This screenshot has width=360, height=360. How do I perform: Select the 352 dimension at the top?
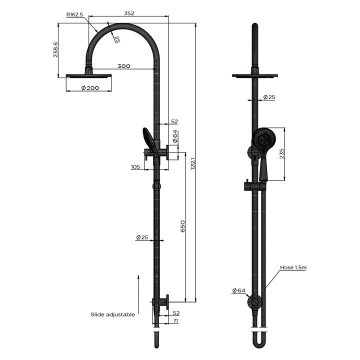click(128, 14)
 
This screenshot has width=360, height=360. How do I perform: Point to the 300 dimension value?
click(124, 66)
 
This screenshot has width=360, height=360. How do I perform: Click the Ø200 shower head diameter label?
click(89, 88)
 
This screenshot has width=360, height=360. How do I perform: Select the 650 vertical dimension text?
click(183, 225)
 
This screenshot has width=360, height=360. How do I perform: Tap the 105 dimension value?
click(135, 167)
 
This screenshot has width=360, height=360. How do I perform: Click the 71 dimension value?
click(175, 321)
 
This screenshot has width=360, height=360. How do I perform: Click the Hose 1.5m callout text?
click(293, 267)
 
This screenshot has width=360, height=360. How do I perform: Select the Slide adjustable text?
click(112, 314)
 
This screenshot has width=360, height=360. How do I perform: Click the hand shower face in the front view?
click(261, 138)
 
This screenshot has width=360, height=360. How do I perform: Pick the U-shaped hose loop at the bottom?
click(258, 341)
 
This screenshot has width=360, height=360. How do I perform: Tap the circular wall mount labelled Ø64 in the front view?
click(254, 302)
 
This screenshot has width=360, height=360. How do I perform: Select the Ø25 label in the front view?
click(268, 97)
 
